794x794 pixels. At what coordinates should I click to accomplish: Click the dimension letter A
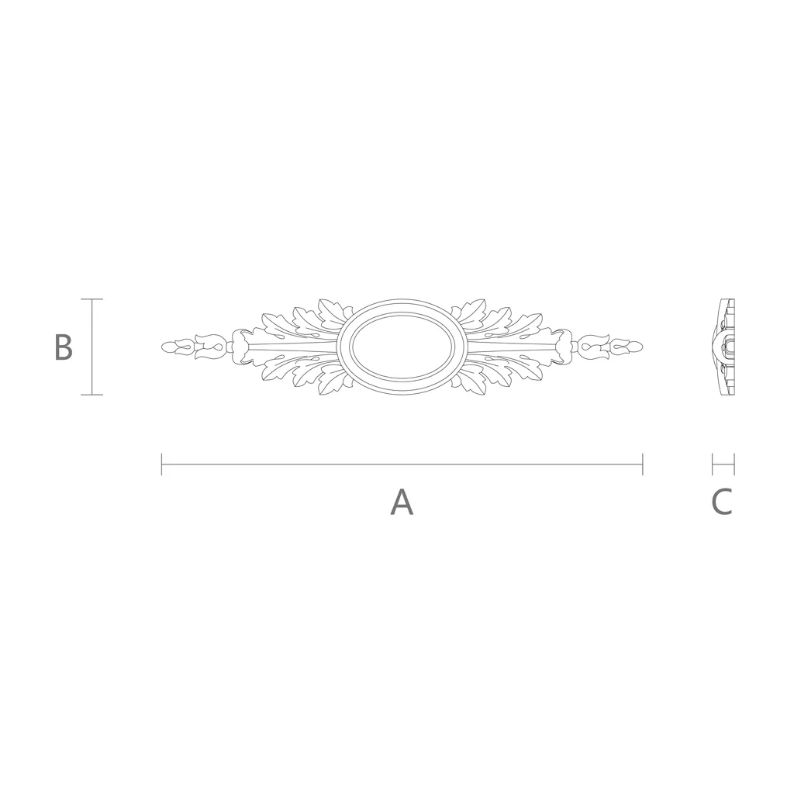tap(402, 502)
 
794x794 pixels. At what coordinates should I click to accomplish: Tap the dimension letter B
tap(64, 347)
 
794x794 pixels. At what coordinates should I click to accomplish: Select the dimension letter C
tap(722, 502)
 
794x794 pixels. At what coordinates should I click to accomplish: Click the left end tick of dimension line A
tap(161, 464)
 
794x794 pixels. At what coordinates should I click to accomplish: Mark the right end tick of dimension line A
tap(643, 464)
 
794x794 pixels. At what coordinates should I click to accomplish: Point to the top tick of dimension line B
tap(91, 299)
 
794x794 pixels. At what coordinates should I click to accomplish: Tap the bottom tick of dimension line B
tap(91, 395)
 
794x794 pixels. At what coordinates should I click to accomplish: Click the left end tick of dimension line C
tap(713, 464)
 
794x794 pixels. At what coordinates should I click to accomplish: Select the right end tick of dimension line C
tap(734, 464)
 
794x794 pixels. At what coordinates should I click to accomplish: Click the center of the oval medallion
tap(402, 347)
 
